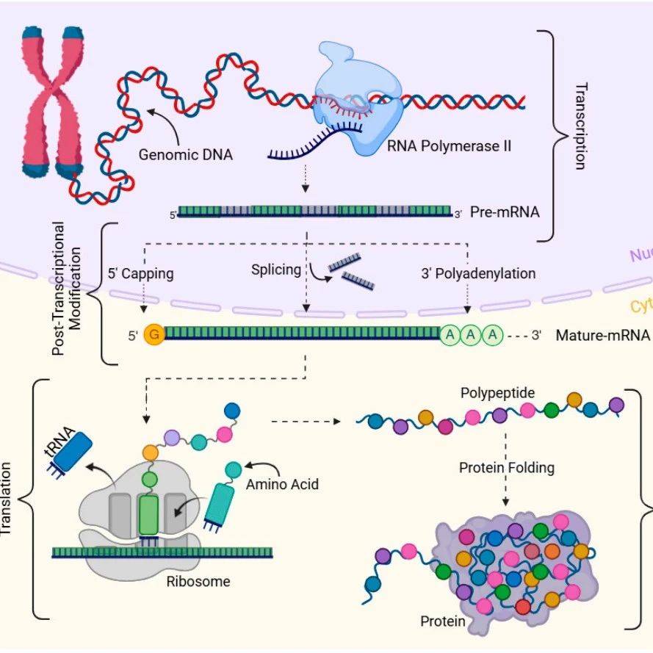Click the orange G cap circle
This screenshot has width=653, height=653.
tap(154, 335)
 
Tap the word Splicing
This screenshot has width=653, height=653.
tap(275, 270)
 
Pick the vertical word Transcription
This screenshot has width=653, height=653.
tap(580, 126)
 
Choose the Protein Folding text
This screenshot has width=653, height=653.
tap(506, 467)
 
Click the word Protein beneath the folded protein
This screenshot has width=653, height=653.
tap(442, 621)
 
